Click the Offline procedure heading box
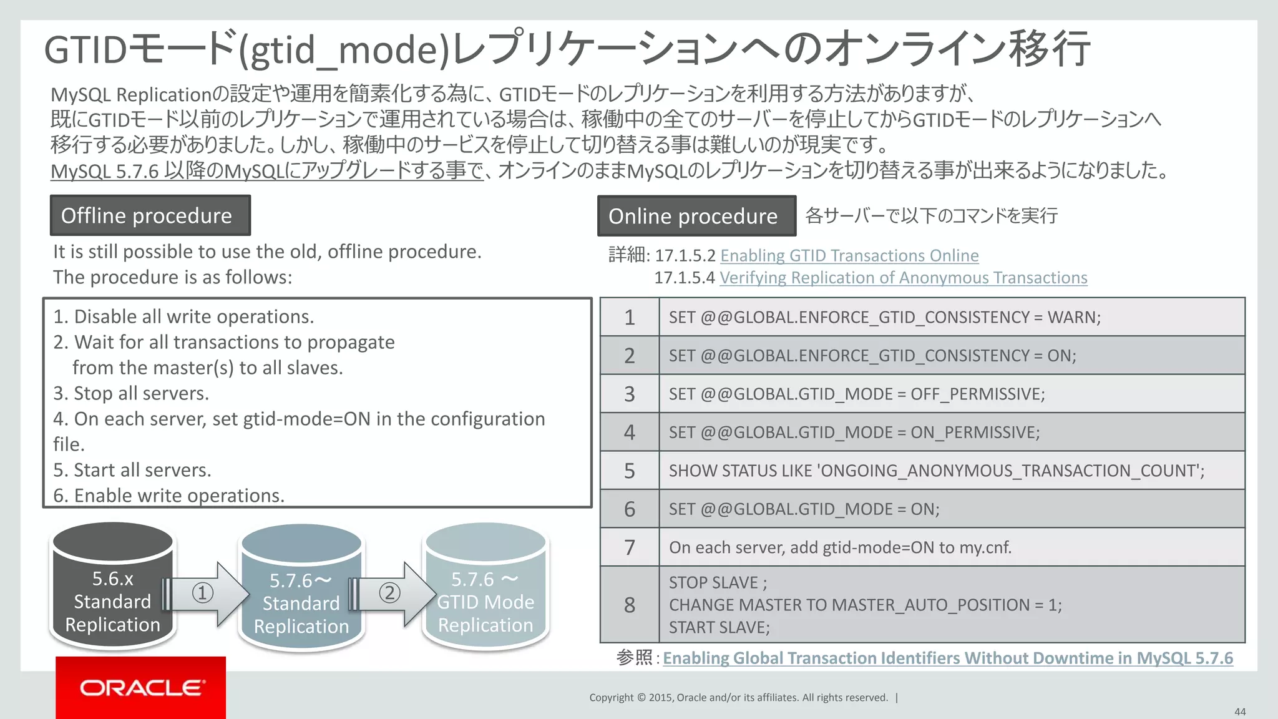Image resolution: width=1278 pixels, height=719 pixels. point(150,215)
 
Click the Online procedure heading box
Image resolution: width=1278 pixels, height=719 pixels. point(696,216)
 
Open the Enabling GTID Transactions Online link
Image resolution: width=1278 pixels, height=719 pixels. point(849,256)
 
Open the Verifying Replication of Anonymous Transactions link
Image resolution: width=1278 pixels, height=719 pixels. point(903,278)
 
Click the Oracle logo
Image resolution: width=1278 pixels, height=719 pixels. point(141,688)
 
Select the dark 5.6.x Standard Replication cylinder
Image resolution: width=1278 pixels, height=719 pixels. point(113,587)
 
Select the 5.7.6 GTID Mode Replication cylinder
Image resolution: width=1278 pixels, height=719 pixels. point(485,587)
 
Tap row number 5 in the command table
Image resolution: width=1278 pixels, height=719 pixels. point(629,471)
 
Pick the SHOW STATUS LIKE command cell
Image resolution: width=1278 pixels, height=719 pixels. point(936,471)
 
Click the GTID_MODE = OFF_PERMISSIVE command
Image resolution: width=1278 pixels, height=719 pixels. point(856,394)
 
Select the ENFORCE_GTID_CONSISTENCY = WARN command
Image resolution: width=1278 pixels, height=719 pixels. point(884,317)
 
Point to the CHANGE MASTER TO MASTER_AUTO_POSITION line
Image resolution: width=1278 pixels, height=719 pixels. point(865,605)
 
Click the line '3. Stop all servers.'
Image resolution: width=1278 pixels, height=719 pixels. point(131,393)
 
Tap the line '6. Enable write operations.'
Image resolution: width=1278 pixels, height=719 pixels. point(168,496)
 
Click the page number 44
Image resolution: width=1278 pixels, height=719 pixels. point(1239,712)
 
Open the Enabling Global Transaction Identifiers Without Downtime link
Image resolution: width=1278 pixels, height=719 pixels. point(947,658)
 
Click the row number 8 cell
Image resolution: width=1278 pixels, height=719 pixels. point(629,605)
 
